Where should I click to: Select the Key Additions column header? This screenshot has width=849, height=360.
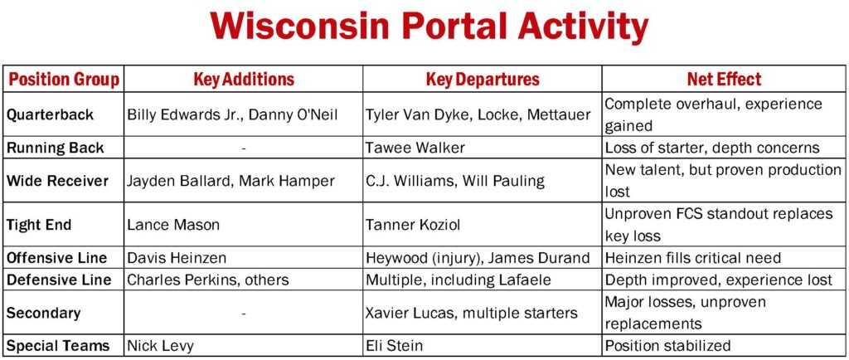click(x=244, y=80)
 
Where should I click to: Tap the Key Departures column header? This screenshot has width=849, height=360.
click(x=483, y=80)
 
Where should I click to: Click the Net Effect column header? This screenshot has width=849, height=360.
click(x=724, y=80)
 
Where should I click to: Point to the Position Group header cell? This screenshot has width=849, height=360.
click(x=64, y=80)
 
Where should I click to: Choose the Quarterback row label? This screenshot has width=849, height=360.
click(x=51, y=114)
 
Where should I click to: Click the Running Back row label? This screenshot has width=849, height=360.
click(x=55, y=148)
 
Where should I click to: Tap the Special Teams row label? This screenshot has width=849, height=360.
click(x=58, y=345)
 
